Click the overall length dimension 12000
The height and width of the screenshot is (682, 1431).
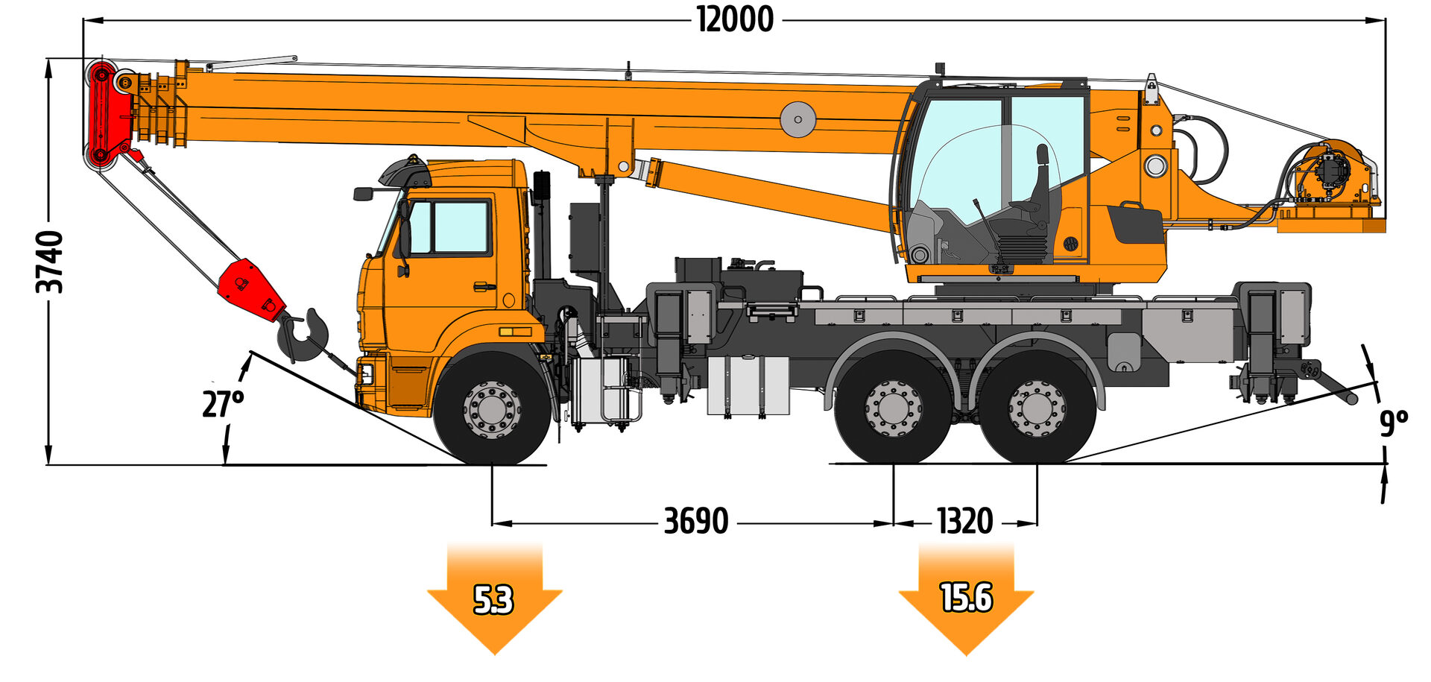735,19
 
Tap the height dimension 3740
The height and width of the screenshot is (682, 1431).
51,262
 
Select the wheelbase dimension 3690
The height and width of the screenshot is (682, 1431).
695,521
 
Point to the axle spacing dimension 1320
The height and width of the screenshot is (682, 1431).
964,521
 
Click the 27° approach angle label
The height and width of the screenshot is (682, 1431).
222,404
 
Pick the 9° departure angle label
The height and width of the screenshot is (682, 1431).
1393,423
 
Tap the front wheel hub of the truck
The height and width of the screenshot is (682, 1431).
492,409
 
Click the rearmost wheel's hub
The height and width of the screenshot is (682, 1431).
1037,408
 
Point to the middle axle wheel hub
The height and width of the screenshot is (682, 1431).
894,408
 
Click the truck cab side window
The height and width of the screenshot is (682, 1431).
458,227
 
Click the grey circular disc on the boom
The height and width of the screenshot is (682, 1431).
797,119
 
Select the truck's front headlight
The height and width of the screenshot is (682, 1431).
366,373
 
